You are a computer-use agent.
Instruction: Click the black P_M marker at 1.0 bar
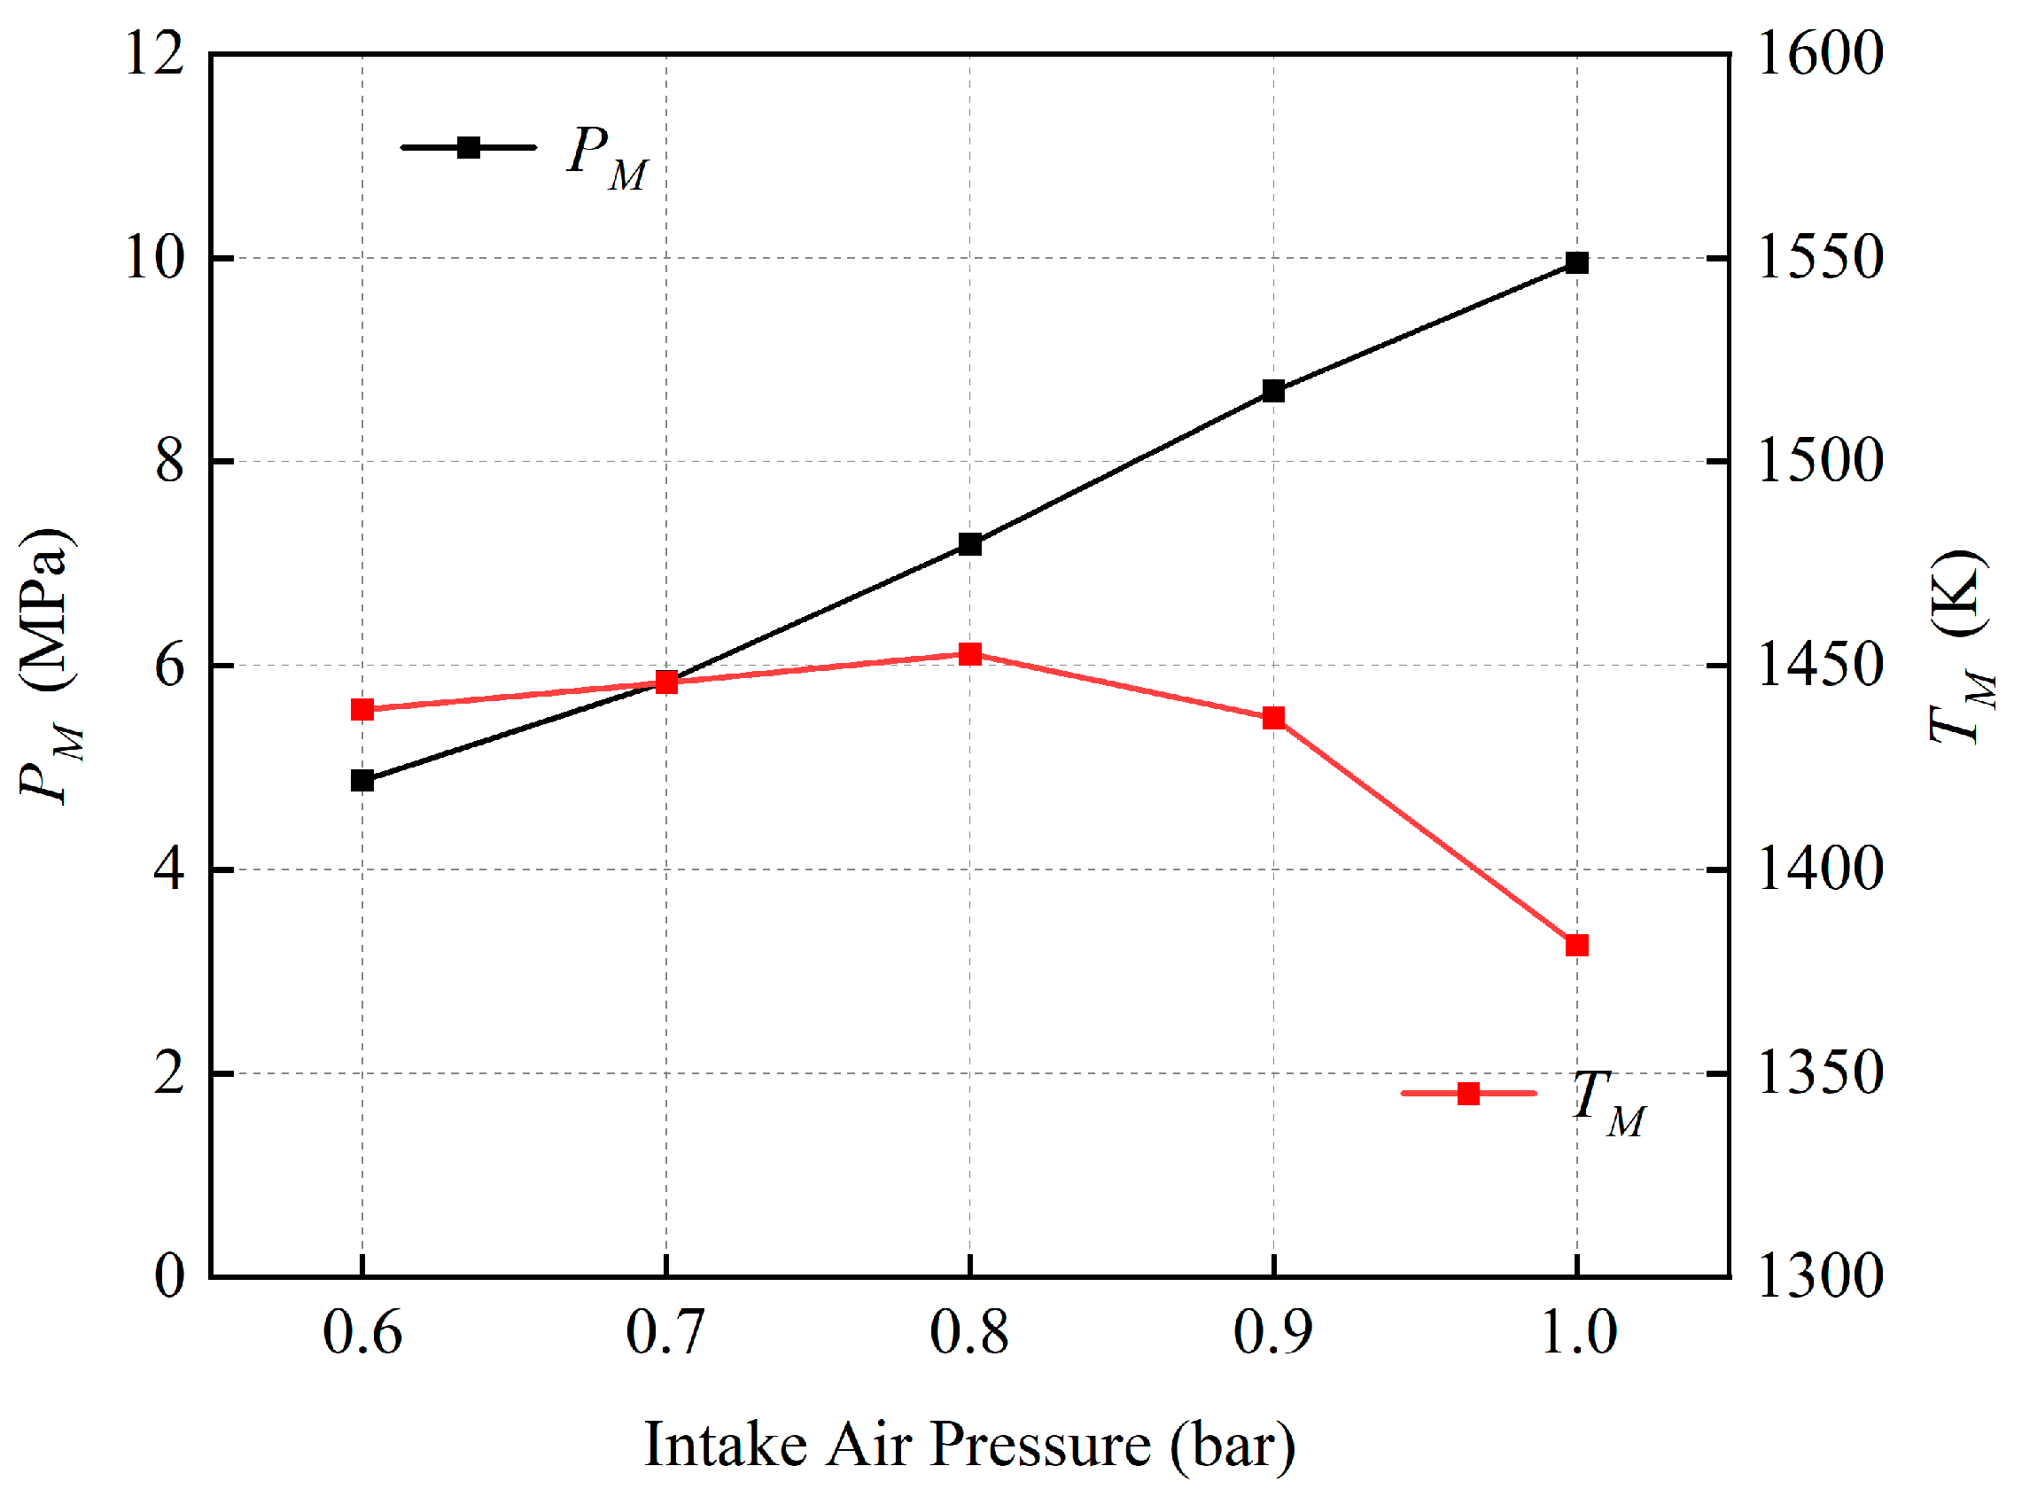tap(1577, 262)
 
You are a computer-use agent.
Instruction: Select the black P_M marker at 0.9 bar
tap(1273, 391)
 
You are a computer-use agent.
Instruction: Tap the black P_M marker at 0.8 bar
tap(970, 543)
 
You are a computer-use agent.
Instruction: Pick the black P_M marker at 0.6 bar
tap(362, 780)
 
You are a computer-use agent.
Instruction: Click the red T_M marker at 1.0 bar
tap(1577, 945)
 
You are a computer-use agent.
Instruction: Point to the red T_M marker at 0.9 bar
tap(1273, 718)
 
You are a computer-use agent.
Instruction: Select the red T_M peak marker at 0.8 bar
tap(970, 654)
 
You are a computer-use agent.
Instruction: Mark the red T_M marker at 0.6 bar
tap(362, 710)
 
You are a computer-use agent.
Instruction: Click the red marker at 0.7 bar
tap(666, 682)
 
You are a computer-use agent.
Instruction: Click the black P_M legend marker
tap(469, 148)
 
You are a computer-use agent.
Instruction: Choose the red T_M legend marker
tap(1468, 1094)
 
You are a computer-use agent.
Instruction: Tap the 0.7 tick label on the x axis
tap(665, 1332)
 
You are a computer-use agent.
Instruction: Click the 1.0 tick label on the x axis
tap(1578, 1332)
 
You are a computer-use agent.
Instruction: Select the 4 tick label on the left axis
tap(169, 868)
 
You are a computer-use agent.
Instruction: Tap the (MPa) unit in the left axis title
tap(45, 609)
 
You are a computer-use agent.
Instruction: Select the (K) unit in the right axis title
tap(1958, 594)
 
